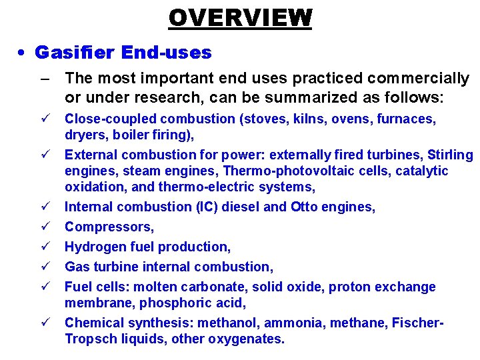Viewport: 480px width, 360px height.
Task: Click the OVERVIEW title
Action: (240, 17)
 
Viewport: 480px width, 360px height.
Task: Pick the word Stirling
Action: (450, 155)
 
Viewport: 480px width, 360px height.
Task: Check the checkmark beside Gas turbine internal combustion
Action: (43, 267)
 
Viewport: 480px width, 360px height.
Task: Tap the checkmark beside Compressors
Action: (43, 227)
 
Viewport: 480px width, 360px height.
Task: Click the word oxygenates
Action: (246, 339)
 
